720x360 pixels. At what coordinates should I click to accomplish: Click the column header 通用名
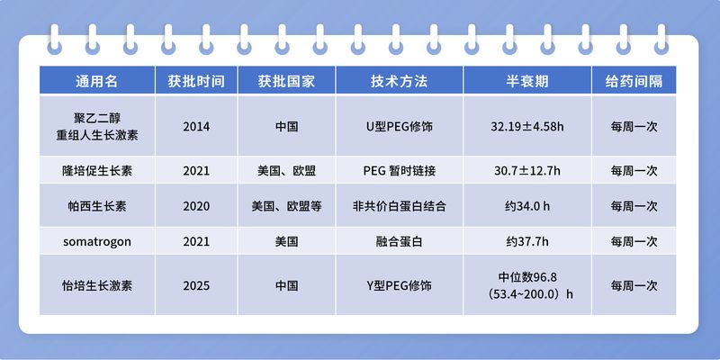click(96, 81)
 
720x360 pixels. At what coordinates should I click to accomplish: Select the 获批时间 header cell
click(196, 81)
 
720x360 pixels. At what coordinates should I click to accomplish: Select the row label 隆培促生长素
click(96, 170)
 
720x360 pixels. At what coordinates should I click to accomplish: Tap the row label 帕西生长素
click(96, 206)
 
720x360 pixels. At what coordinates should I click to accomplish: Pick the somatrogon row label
click(96, 241)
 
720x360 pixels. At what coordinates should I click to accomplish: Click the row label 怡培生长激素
click(96, 285)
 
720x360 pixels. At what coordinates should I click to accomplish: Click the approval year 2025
click(196, 285)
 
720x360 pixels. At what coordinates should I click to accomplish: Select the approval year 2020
click(196, 206)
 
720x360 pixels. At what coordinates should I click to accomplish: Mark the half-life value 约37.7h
click(527, 241)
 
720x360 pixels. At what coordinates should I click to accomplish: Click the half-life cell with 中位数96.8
click(527, 285)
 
